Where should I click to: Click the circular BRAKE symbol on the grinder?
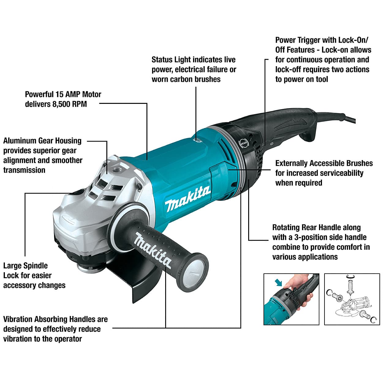point(244,143)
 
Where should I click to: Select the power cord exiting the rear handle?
point(336,117)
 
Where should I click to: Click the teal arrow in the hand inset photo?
point(278,283)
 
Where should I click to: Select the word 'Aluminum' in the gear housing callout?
point(20,141)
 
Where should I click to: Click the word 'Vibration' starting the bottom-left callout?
point(18,319)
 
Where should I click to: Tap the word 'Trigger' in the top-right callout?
point(309,40)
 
